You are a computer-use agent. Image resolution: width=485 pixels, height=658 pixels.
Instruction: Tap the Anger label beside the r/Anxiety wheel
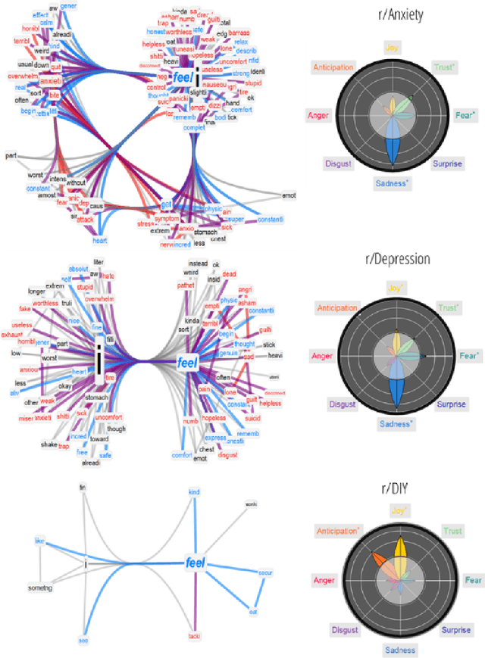pyautogui.click(x=318, y=115)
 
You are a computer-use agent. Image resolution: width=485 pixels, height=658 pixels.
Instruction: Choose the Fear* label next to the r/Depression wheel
pyautogui.click(x=469, y=355)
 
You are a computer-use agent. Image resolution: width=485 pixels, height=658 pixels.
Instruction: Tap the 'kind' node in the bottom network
pyautogui.click(x=193, y=492)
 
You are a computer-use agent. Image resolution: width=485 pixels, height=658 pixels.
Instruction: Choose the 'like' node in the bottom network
pyautogui.click(x=39, y=541)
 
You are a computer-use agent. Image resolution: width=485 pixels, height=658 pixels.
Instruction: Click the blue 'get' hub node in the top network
pyautogui.click(x=167, y=205)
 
